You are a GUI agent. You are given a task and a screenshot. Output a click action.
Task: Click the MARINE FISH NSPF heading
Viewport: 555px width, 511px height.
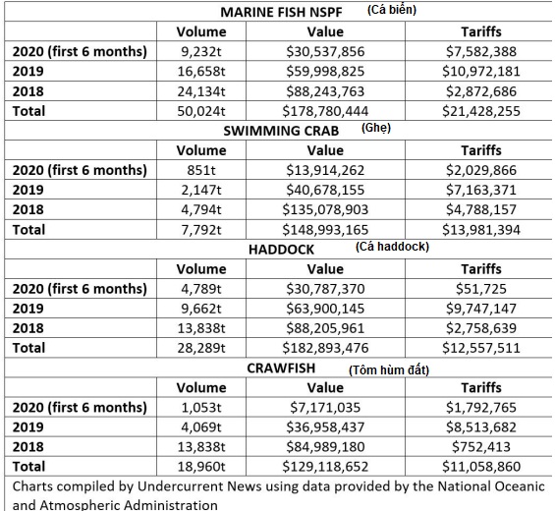(x=281, y=12)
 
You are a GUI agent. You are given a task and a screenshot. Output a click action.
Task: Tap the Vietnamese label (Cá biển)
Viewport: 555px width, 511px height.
(x=392, y=10)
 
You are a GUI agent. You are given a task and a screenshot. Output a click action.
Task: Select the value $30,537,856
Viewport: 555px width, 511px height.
(x=325, y=52)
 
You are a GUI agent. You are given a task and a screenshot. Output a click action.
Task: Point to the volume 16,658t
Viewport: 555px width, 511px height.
(x=201, y=72)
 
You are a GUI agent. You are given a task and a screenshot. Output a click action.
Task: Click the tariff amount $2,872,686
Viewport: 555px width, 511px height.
(x=481, y=91)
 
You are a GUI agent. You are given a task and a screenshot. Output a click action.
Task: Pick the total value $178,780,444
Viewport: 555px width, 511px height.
(x=325, y=112)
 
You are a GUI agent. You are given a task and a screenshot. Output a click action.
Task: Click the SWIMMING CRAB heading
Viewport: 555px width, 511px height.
(x=281, y=131)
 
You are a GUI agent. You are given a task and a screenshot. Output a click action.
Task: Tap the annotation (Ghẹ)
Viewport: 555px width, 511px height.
(x=376, y=128)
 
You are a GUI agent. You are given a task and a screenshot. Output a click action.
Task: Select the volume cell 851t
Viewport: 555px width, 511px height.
(x=201, y=170)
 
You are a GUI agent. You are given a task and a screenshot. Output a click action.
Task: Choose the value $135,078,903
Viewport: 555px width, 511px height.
(x=325, y=209)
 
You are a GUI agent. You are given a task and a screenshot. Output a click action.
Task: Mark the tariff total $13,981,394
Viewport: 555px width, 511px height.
(x=481, y=230)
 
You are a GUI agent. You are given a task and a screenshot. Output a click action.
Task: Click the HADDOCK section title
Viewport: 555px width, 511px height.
(x=281, y=250)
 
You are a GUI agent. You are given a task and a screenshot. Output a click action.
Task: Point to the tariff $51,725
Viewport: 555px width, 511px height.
(x=481, y=289)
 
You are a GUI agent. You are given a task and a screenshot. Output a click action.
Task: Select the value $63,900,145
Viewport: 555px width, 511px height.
(x=325, y=309)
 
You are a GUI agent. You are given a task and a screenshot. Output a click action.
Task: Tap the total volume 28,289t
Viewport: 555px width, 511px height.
(x=201, y=348)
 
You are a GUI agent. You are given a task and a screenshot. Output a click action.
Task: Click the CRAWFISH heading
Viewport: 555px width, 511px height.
(x=281, y=369)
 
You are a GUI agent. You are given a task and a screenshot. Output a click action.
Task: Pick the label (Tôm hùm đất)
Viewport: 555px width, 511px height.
(x=389, y=370)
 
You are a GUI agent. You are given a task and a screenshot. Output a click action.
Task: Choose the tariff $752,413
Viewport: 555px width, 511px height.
(x=481, y=447)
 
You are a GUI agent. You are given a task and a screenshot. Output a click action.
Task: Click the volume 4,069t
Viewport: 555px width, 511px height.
(x=201, y=427)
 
